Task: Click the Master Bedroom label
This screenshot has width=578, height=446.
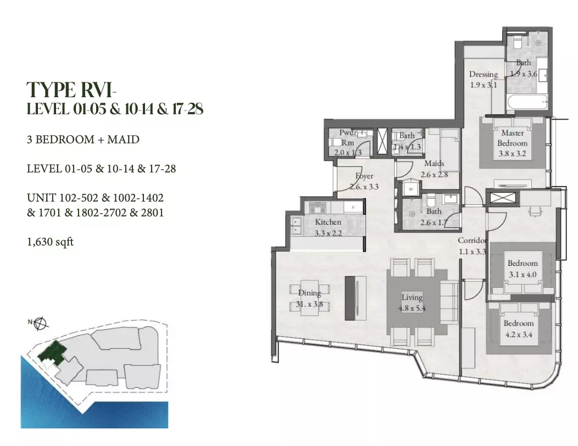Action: pos(513,138)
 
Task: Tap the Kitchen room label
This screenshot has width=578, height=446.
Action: pos(328,222)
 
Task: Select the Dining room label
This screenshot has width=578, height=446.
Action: pos(309,293)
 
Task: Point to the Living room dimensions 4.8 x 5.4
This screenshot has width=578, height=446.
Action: pos(412,308)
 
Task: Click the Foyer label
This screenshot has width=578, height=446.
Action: pos(364,176)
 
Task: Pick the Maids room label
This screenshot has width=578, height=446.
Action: pos(434,163)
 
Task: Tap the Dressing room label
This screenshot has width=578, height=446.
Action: pos(483,74)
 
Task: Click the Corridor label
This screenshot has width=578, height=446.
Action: pos(472,241)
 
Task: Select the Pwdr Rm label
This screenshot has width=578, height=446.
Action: pos(348,137)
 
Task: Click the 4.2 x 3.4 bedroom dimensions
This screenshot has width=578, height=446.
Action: pos(518,335)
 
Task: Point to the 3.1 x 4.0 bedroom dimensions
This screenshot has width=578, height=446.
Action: pos(523,274)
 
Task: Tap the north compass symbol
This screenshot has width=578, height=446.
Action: pos(40,324)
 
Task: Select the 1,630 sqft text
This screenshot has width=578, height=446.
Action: pos(50,242)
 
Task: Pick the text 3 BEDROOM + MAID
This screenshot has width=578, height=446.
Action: pos(83,140)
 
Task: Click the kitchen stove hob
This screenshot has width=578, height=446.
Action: pos(318,208)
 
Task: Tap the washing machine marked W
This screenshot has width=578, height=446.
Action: pos(410,189)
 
